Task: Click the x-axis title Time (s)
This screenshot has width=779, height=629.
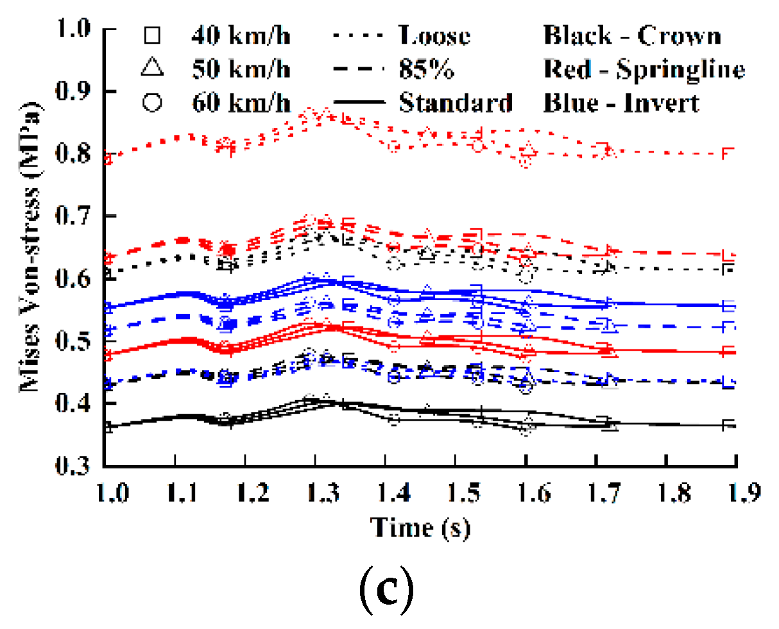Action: click(420, 528)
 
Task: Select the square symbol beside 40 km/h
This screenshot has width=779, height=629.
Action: click(152, 35)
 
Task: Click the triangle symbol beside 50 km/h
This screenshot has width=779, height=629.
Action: click(152, 68)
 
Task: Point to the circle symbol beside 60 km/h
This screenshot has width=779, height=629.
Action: click(152, 103)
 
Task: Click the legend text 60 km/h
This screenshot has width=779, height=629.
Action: click(241, 103)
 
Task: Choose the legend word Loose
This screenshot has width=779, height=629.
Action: click(434, 35)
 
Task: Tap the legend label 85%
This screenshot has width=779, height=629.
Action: click(426, 69)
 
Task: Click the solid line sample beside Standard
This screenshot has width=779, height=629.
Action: click(359, 103)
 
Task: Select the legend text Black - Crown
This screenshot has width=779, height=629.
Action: click(632, 35)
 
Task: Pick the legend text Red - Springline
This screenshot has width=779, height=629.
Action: click(644, 69)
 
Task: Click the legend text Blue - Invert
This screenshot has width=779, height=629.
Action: click(621, 103)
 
